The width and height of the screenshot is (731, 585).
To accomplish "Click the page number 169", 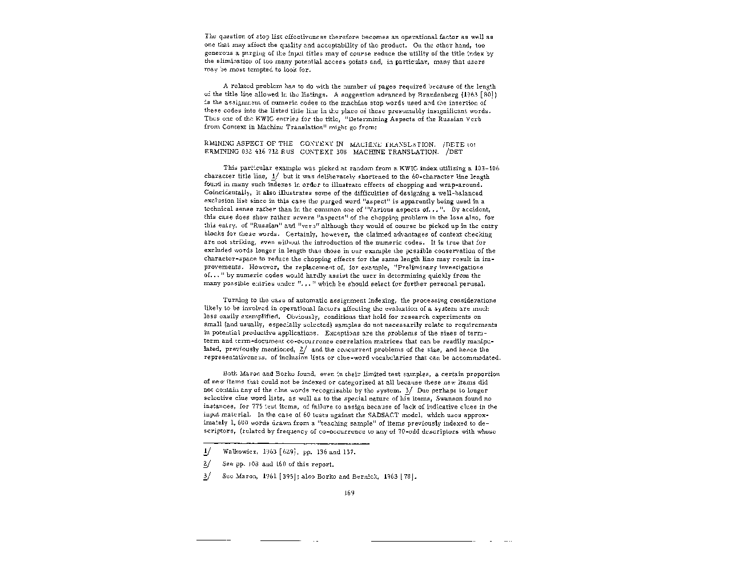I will point(350,493).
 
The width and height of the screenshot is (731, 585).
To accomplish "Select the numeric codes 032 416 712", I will point(260,152).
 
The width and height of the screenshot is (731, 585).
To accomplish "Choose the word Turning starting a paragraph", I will point(234,300).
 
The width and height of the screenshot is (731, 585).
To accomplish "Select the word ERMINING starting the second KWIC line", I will point(220,152).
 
